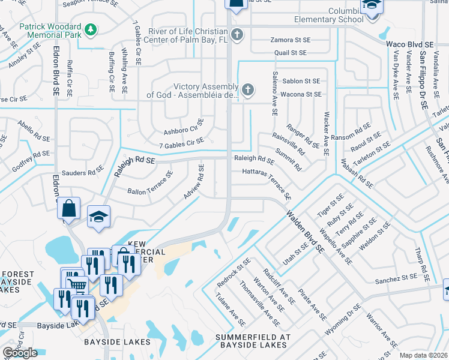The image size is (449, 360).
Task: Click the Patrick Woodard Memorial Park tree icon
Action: (x=91, y=29)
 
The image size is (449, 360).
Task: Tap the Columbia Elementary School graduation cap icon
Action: (x=370, y=5)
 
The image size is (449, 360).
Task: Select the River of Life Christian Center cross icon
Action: (x=237, y=34)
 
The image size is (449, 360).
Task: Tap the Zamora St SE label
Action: (x=290, y=40)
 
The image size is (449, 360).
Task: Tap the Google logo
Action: (x=20, y=353)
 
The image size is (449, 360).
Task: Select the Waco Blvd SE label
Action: (x=409, y=44)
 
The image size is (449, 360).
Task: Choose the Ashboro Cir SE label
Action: (x=184, y=127)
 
